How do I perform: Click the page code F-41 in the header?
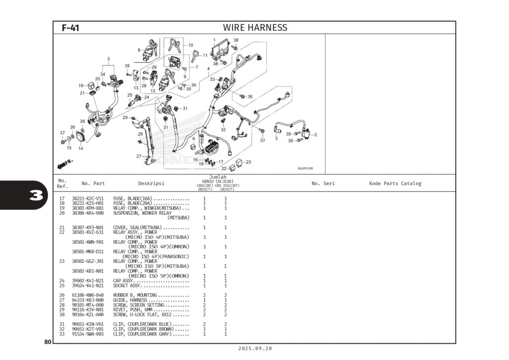tap(70, 28)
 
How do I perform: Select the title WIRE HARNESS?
tap(254, 28)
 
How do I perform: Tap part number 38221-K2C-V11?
tap(88, 198)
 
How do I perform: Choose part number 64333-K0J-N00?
tap(88, 300)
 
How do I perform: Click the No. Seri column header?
tap(323, 183)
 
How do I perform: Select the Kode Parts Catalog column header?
tap(395, 183)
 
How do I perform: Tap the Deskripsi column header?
tap(151, 183)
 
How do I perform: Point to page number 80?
tap(48, 342)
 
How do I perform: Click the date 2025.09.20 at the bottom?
tap(255, 349)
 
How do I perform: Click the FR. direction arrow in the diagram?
tap(65, 163)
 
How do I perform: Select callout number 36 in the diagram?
tap(250, 97)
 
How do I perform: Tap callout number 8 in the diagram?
tap(139, 50)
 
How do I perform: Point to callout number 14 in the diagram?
tap(81, 148)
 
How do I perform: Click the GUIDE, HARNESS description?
tap(130, 300)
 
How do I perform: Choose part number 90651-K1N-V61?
tap(88, 324)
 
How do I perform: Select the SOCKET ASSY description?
tap(128, 286)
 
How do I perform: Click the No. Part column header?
tap(93, 183)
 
